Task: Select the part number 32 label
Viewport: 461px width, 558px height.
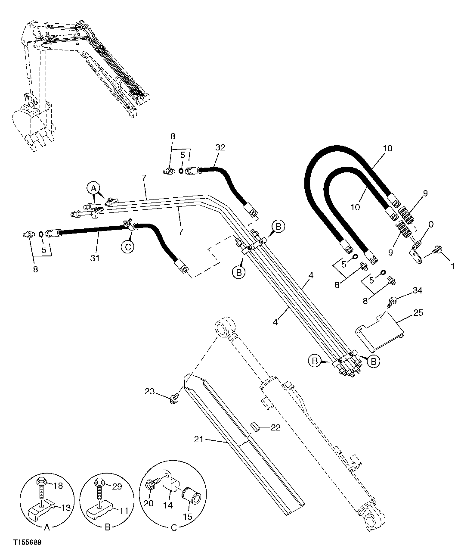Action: [220, 147]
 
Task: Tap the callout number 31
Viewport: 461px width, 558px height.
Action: [95, 258]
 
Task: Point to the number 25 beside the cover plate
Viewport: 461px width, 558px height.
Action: [418, 313]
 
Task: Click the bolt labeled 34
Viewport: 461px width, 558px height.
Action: [392, 302]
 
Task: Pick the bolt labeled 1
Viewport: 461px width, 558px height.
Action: [437, 249]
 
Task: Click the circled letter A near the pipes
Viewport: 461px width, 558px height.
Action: [93, 187]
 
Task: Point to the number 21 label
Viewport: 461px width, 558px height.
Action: [199, 440]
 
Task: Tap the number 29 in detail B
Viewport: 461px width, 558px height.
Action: [117, 486]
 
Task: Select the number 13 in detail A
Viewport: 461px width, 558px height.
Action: [65, 508]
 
